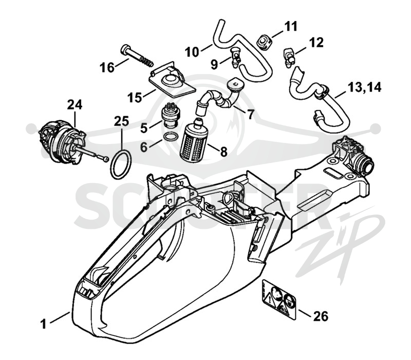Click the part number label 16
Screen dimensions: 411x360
pyautogui.click(x=107, y=68)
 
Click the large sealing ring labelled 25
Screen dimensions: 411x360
pyautogui.click(x=121, y=164)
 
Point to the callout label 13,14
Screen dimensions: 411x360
pyautogui.click(x=364, y=87)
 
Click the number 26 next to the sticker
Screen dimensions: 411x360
pyautogui.click(x=321, y=316)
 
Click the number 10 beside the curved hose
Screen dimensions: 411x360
pyautogui.click(x=192, y=52)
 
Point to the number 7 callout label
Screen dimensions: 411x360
pyautogui.click(x=251, y=114)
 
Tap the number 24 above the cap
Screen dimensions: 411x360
pyautogui.click(x=74, y=104)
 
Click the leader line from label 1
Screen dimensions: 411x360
pyautogui.click(x=60, y=317)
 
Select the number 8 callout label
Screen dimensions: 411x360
pyautogui.click(x=223, y=152)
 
